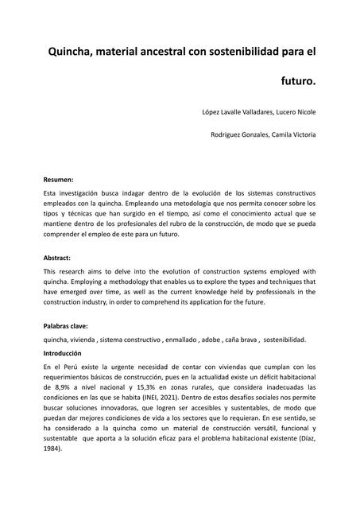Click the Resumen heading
coord(58,180)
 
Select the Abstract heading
coord(57,258)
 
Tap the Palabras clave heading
coord(65,326)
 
